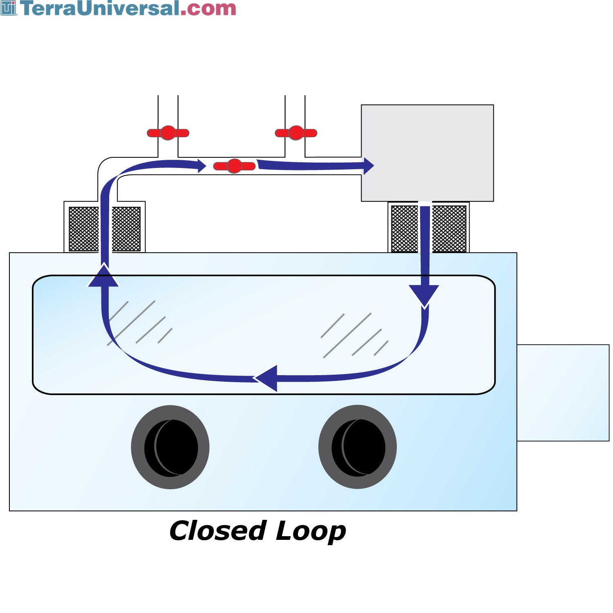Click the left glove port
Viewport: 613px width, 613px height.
pos(170,447)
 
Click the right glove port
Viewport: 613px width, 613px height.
pos(358,447)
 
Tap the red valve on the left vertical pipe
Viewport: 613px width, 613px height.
pos(168,133)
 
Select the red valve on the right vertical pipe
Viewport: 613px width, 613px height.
pos(296,133)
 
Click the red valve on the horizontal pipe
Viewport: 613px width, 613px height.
pos(234,166)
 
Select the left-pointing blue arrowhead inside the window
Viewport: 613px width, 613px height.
pos(268,378)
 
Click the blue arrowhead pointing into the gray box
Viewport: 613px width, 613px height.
pos(368,166)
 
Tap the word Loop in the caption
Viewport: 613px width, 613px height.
pos(311,531)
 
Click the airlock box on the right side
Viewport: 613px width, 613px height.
pos(563,392)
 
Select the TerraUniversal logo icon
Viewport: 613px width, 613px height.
pos(8,8)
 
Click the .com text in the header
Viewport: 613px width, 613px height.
pos(208,8)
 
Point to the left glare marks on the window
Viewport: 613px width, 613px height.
pos(139,323)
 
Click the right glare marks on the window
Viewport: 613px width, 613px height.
pos(354,335)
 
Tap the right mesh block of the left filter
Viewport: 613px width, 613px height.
pos(126,229)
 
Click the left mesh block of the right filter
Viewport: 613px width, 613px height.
pos(405,229)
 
